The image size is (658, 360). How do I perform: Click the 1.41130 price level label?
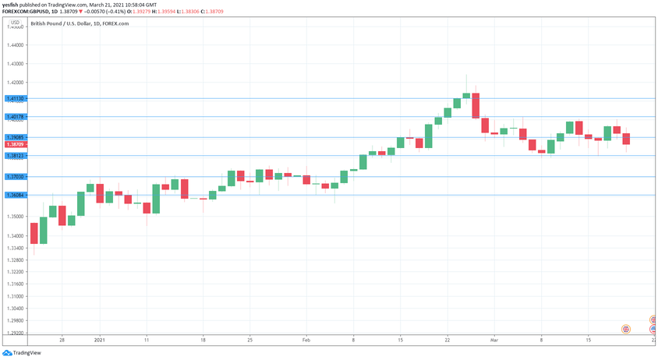point(16,99)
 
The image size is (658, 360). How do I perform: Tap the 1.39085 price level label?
point(16,138)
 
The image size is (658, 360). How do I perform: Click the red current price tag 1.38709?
point(16,145)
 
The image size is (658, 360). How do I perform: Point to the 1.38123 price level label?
point(16,156)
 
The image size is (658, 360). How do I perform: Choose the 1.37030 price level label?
point(16,177)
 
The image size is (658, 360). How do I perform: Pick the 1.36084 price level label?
point(16,195)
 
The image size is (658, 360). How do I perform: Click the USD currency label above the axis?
point(15,22)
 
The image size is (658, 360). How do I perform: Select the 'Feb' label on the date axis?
point(306,341)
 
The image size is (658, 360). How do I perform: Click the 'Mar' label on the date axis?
point(493,341)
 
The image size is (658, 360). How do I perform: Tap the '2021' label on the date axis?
point(99,341)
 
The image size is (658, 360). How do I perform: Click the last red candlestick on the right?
point(626,139)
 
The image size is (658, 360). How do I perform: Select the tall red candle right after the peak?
point(475,104)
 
